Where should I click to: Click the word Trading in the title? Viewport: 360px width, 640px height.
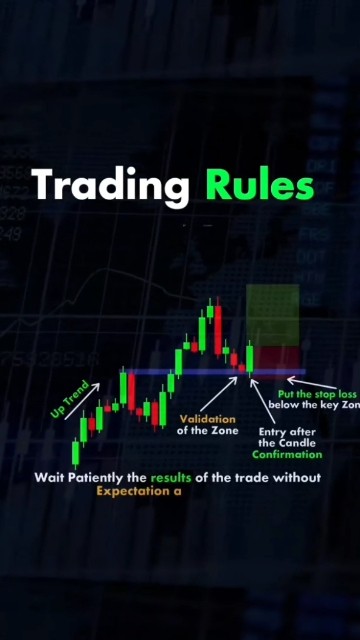pos(111,187)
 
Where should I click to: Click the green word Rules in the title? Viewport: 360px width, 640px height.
pos(260,186)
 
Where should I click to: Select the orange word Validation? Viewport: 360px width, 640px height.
pos(208,419)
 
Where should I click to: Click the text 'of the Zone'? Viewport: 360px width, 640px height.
pos(208,431)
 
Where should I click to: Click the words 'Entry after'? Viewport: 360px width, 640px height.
pos(280,431)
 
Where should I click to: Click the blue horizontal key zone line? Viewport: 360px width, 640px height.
pos(200,372)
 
